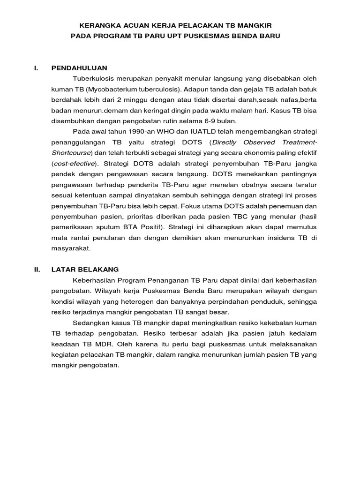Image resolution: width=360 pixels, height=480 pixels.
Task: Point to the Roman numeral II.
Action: click(37, 270)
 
